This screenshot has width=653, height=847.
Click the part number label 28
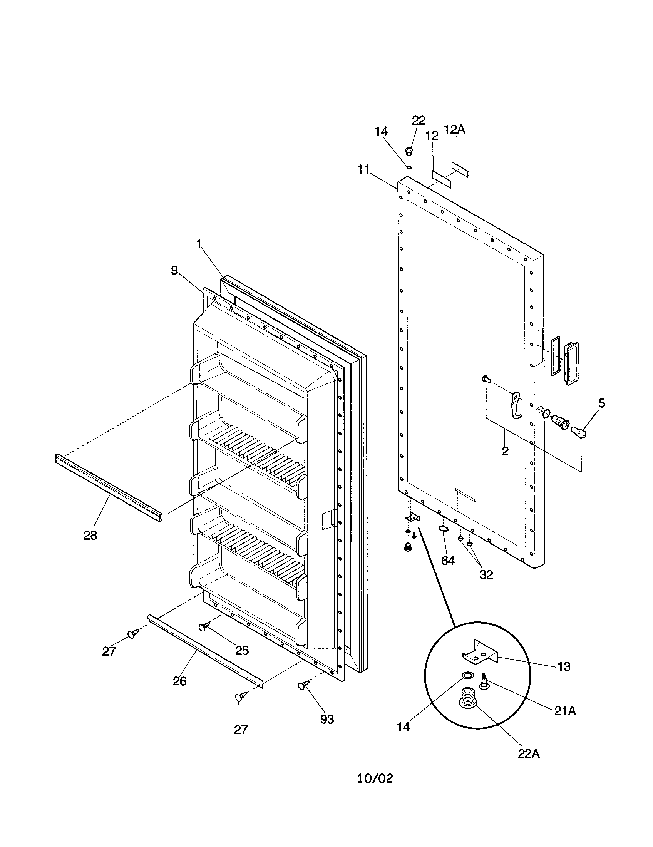point(90,536)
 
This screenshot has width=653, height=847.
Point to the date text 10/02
point(375,800)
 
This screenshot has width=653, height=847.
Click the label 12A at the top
point(454,129)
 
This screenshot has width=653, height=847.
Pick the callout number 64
point(448,561)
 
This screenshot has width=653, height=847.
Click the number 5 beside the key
point(601,403)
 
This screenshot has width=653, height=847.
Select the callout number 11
point(363,170)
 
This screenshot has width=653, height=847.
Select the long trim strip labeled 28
point(109,489)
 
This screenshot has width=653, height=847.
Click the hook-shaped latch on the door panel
point(515,406)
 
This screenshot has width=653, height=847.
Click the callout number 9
point(174,270)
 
